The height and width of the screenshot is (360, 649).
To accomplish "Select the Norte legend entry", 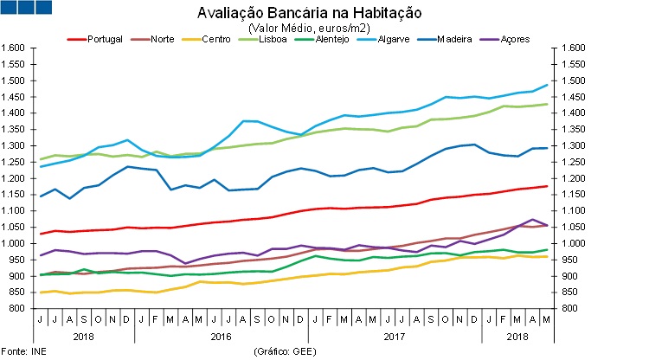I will pyautogui.click(x=161, y=40).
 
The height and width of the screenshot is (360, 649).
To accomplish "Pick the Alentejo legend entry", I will pyautogui.click(x=332, y=40).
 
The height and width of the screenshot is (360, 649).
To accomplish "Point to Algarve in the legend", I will pyautogui.click(x=391, y=40).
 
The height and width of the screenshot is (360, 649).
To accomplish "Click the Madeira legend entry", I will pyautogui.click(x=453, y=40).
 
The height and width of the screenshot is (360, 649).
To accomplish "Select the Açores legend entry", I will pyautogui.click(x=514, y=40).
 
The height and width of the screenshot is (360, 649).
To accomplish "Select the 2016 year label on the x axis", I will pyautogui.click(x=222, y=335).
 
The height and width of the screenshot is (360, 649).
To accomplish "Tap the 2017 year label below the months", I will pyautogui.click(x=395, y=335).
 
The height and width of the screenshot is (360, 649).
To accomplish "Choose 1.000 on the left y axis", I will pyautogui.click(x=15, y=243).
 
